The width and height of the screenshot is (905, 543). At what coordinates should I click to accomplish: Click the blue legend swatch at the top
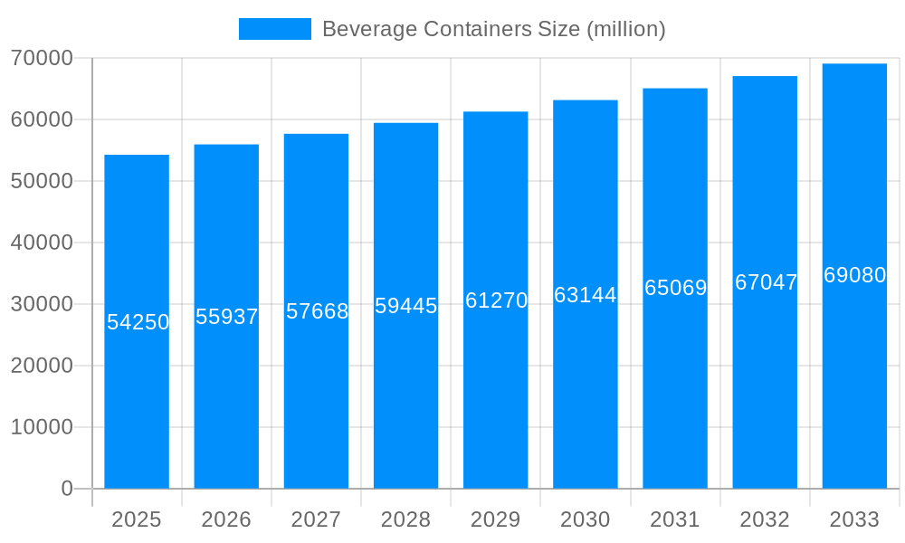(x=274, y=29)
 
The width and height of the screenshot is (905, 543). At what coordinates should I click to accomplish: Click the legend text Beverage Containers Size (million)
(x=493, y=29)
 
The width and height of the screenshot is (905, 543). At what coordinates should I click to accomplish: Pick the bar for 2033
(x=854, y=380)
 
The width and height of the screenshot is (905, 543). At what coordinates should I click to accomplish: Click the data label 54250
(x=138, y=322)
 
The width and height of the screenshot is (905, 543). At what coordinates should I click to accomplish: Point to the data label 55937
(x=227, y=317)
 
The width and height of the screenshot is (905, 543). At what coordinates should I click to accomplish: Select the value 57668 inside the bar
(x=317, y=311)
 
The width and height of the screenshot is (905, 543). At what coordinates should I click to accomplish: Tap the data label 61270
(x=496, y=300)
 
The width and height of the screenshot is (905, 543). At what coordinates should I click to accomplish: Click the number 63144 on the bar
(x=586, y=295)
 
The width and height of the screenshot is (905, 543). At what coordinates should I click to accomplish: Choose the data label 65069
(x=675, y=288)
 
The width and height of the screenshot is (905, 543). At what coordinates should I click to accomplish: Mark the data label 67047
(x=766, y=282)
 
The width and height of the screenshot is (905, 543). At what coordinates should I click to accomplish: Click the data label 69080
(x=854, y=275)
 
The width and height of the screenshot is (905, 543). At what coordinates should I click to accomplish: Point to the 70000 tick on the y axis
(x=42, y=58)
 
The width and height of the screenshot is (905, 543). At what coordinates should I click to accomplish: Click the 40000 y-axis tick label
(x=42, y=243)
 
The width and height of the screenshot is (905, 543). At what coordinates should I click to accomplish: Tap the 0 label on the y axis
(x=67, y=489)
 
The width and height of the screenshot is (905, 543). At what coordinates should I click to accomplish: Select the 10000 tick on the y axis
(x=42, y=427)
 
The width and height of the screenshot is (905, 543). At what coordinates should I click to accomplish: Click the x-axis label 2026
(x=226, y=519)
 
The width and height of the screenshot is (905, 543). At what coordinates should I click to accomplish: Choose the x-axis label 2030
(x=586, y=519)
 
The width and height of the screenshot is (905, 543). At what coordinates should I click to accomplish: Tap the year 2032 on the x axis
(x=765, y=519)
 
